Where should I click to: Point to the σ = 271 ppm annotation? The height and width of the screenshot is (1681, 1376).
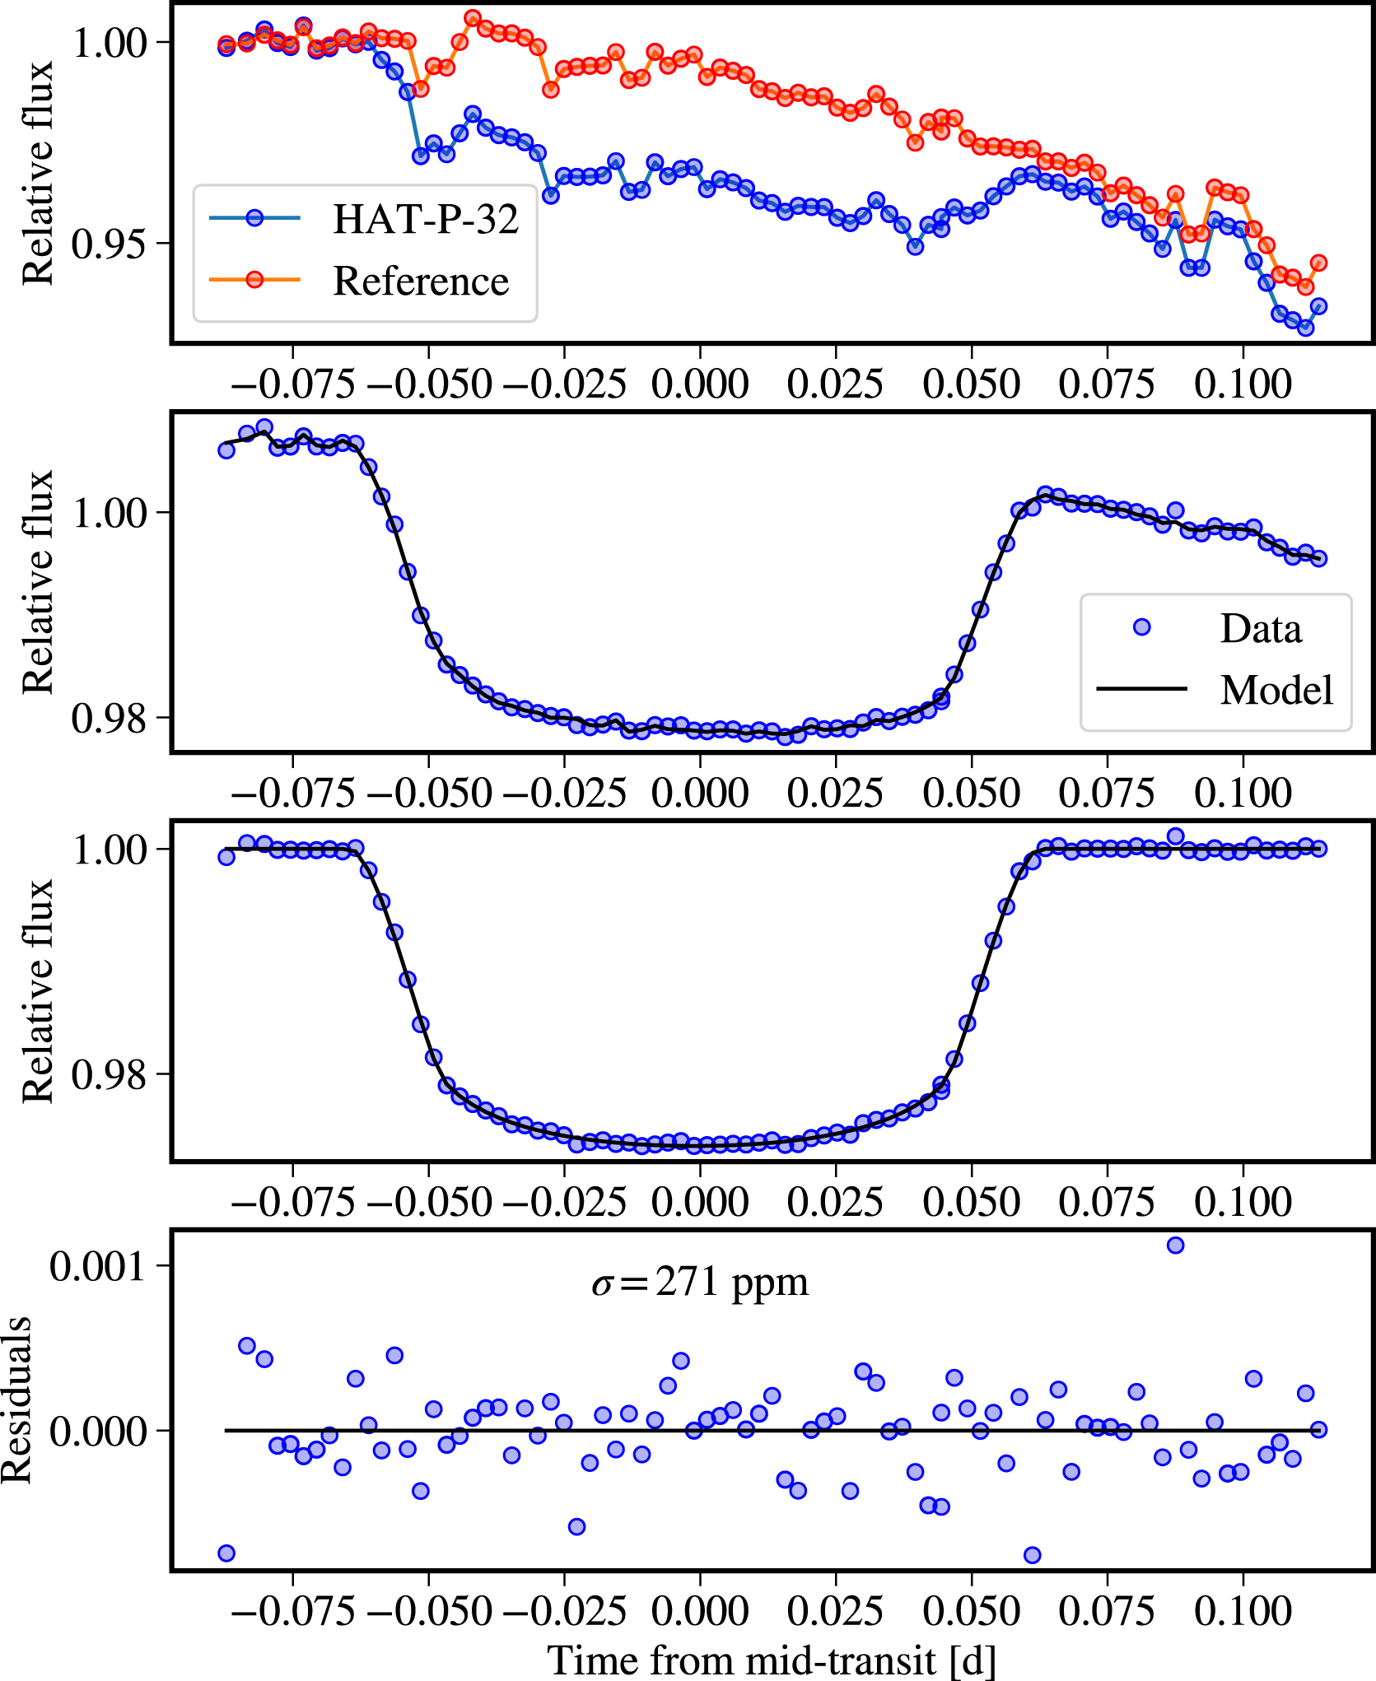click(x=699, y=1282)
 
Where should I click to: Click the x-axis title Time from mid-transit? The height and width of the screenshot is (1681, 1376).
click(x=771, y=1660)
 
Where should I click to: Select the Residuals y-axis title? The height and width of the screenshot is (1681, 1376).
click(x=16, y=1400)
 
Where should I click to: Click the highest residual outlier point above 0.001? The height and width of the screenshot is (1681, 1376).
click(x=1175, y=1245)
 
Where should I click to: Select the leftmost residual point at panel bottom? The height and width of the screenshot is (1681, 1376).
click(x=226, y=1553)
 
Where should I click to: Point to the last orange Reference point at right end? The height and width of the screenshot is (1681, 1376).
click(x=1318, y=263)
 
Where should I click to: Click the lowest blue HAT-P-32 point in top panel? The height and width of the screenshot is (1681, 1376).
click(x=1305, y=328)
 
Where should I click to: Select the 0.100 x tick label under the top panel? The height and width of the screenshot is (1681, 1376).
click(x=1243, y=384)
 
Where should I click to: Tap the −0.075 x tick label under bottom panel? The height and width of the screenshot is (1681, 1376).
click(x=292, y=1611)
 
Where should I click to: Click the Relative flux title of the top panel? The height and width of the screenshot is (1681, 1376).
click(x=38, y=173)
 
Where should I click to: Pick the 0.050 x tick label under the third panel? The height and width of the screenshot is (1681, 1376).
click(x=971, y=1203)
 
